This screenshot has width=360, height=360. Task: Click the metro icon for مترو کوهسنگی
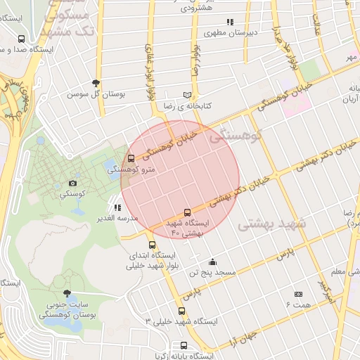[131, 159]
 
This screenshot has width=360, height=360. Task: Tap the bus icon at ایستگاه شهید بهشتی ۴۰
[187, 212]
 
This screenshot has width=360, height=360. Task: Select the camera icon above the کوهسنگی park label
[73, 183]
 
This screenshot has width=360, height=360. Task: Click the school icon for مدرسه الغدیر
[117, 208]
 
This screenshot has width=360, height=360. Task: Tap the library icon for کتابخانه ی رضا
[187, 95]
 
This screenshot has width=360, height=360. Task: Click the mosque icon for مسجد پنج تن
[212, 262]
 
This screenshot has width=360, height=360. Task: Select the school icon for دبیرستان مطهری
[231, 22]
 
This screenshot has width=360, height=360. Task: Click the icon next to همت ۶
[298, 294]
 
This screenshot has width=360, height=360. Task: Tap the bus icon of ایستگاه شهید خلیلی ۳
[182, 311]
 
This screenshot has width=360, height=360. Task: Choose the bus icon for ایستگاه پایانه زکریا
[184, 345]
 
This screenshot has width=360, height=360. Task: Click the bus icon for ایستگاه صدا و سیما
[21, 40]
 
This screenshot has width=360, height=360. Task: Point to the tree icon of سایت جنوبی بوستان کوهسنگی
[67, 293]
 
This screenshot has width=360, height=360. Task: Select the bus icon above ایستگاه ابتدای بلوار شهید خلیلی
[153, 245]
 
